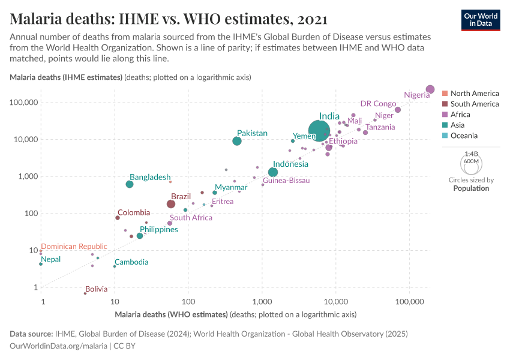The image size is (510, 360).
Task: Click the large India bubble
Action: coord(320,130)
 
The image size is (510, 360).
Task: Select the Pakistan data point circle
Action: coord(237,141)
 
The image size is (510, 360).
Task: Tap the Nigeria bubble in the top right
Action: coord(430,89)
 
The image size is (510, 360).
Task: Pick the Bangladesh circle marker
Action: coord(130,184)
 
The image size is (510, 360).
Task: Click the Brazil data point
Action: coord(171,204)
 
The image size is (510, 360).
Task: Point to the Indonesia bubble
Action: coord(273,172)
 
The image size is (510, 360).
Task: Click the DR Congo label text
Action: coord(378,104)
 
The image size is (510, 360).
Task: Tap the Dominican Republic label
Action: coord(74,246)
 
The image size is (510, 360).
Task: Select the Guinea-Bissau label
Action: coord(286,181)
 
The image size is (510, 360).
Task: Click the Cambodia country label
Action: coord(131,262)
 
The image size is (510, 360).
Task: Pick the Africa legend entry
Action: coord(460,115)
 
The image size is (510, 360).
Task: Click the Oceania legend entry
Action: coord(464,136)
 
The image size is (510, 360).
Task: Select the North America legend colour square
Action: coord(445,94)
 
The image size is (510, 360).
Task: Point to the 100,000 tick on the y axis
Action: coord(25,103)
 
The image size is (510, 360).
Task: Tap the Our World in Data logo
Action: coord(481,19)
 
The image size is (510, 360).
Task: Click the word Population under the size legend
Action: coord(471,188)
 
